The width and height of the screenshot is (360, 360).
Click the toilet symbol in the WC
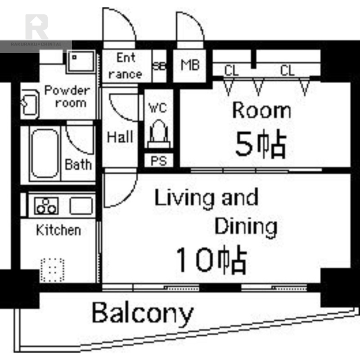tap(159, 134)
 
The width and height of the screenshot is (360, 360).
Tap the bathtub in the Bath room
tap(45, 153)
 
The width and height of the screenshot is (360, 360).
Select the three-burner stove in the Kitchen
tap(46, 206)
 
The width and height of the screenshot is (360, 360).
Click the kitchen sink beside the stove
tap(81, 206)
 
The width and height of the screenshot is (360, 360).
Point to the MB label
tap(190, 65)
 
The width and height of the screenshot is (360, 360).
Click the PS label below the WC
tap(159, 161)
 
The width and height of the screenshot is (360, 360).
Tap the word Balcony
tap(143, 314)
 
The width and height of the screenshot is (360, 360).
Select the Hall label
tap(120, 137)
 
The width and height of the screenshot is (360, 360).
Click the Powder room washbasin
tap(30, 104)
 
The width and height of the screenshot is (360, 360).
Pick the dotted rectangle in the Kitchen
tap(52, 270)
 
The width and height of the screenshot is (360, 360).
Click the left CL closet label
tap(231, 70)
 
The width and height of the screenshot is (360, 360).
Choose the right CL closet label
tap(287, 70)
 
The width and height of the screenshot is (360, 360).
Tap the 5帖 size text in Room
tap(261, 144)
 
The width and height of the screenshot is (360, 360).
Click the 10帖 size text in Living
tap(211, 260)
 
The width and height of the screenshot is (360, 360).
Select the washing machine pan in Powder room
tap(81, 62)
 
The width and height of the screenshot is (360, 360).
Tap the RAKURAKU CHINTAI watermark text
tap(36, 44)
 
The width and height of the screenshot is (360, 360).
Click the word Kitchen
tap(58, 230)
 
